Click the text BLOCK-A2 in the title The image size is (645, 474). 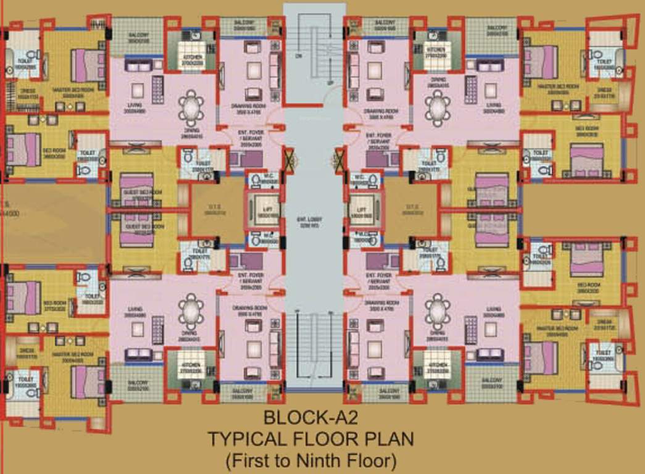(x=310, y=417)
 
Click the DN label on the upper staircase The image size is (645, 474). (x=299, y=55)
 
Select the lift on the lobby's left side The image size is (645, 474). (x=263, y=211)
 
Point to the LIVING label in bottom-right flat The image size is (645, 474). (x=493, y=309)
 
